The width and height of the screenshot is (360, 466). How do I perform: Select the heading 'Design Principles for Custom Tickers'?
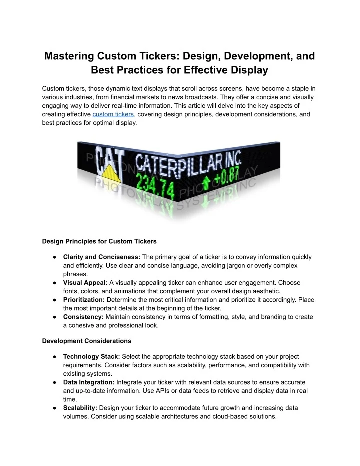(99, 241)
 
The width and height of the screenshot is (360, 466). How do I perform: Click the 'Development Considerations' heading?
(87, 341)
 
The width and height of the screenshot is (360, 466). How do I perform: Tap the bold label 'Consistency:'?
(83, 317)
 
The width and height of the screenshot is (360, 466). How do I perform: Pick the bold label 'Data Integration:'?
(89, 382)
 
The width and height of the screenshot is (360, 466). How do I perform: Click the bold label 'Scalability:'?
(80, 408)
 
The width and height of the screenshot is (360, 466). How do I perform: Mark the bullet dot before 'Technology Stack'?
(54, 357)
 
